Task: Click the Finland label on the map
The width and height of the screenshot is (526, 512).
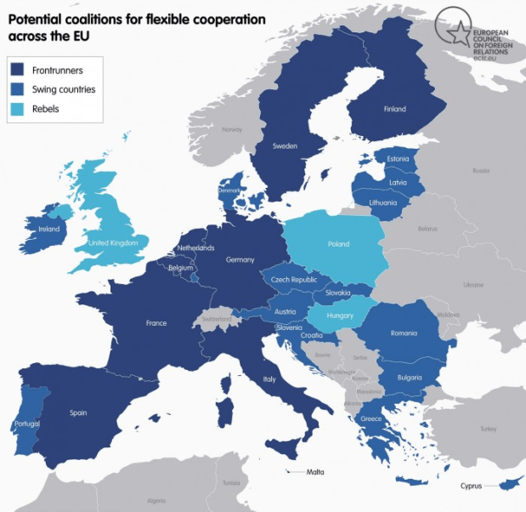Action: coord(394,109)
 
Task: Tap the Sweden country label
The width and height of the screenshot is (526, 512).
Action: coord(285,145)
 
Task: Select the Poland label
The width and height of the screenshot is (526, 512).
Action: coord(338,244)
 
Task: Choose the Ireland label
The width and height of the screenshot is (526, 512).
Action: coord(49,229)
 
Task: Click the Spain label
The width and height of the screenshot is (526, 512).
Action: coord(78,412)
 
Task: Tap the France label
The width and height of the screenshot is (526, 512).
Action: coord(156,323)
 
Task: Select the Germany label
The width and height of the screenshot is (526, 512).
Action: coord(240,259)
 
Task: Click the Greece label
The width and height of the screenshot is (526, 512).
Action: coord(370,418)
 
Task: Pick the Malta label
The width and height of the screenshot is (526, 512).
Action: coord(315,471)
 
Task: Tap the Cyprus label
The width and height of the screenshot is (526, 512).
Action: coord(471,486)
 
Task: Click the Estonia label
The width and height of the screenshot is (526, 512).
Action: coord(398,159)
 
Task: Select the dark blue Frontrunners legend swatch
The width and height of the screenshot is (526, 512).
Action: coord(19,70)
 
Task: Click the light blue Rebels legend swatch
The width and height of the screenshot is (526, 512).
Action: coord(19,109)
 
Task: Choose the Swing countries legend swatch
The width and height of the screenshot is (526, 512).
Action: coord(19,89)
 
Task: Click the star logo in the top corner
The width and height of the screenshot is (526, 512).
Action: coord(455,34)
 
